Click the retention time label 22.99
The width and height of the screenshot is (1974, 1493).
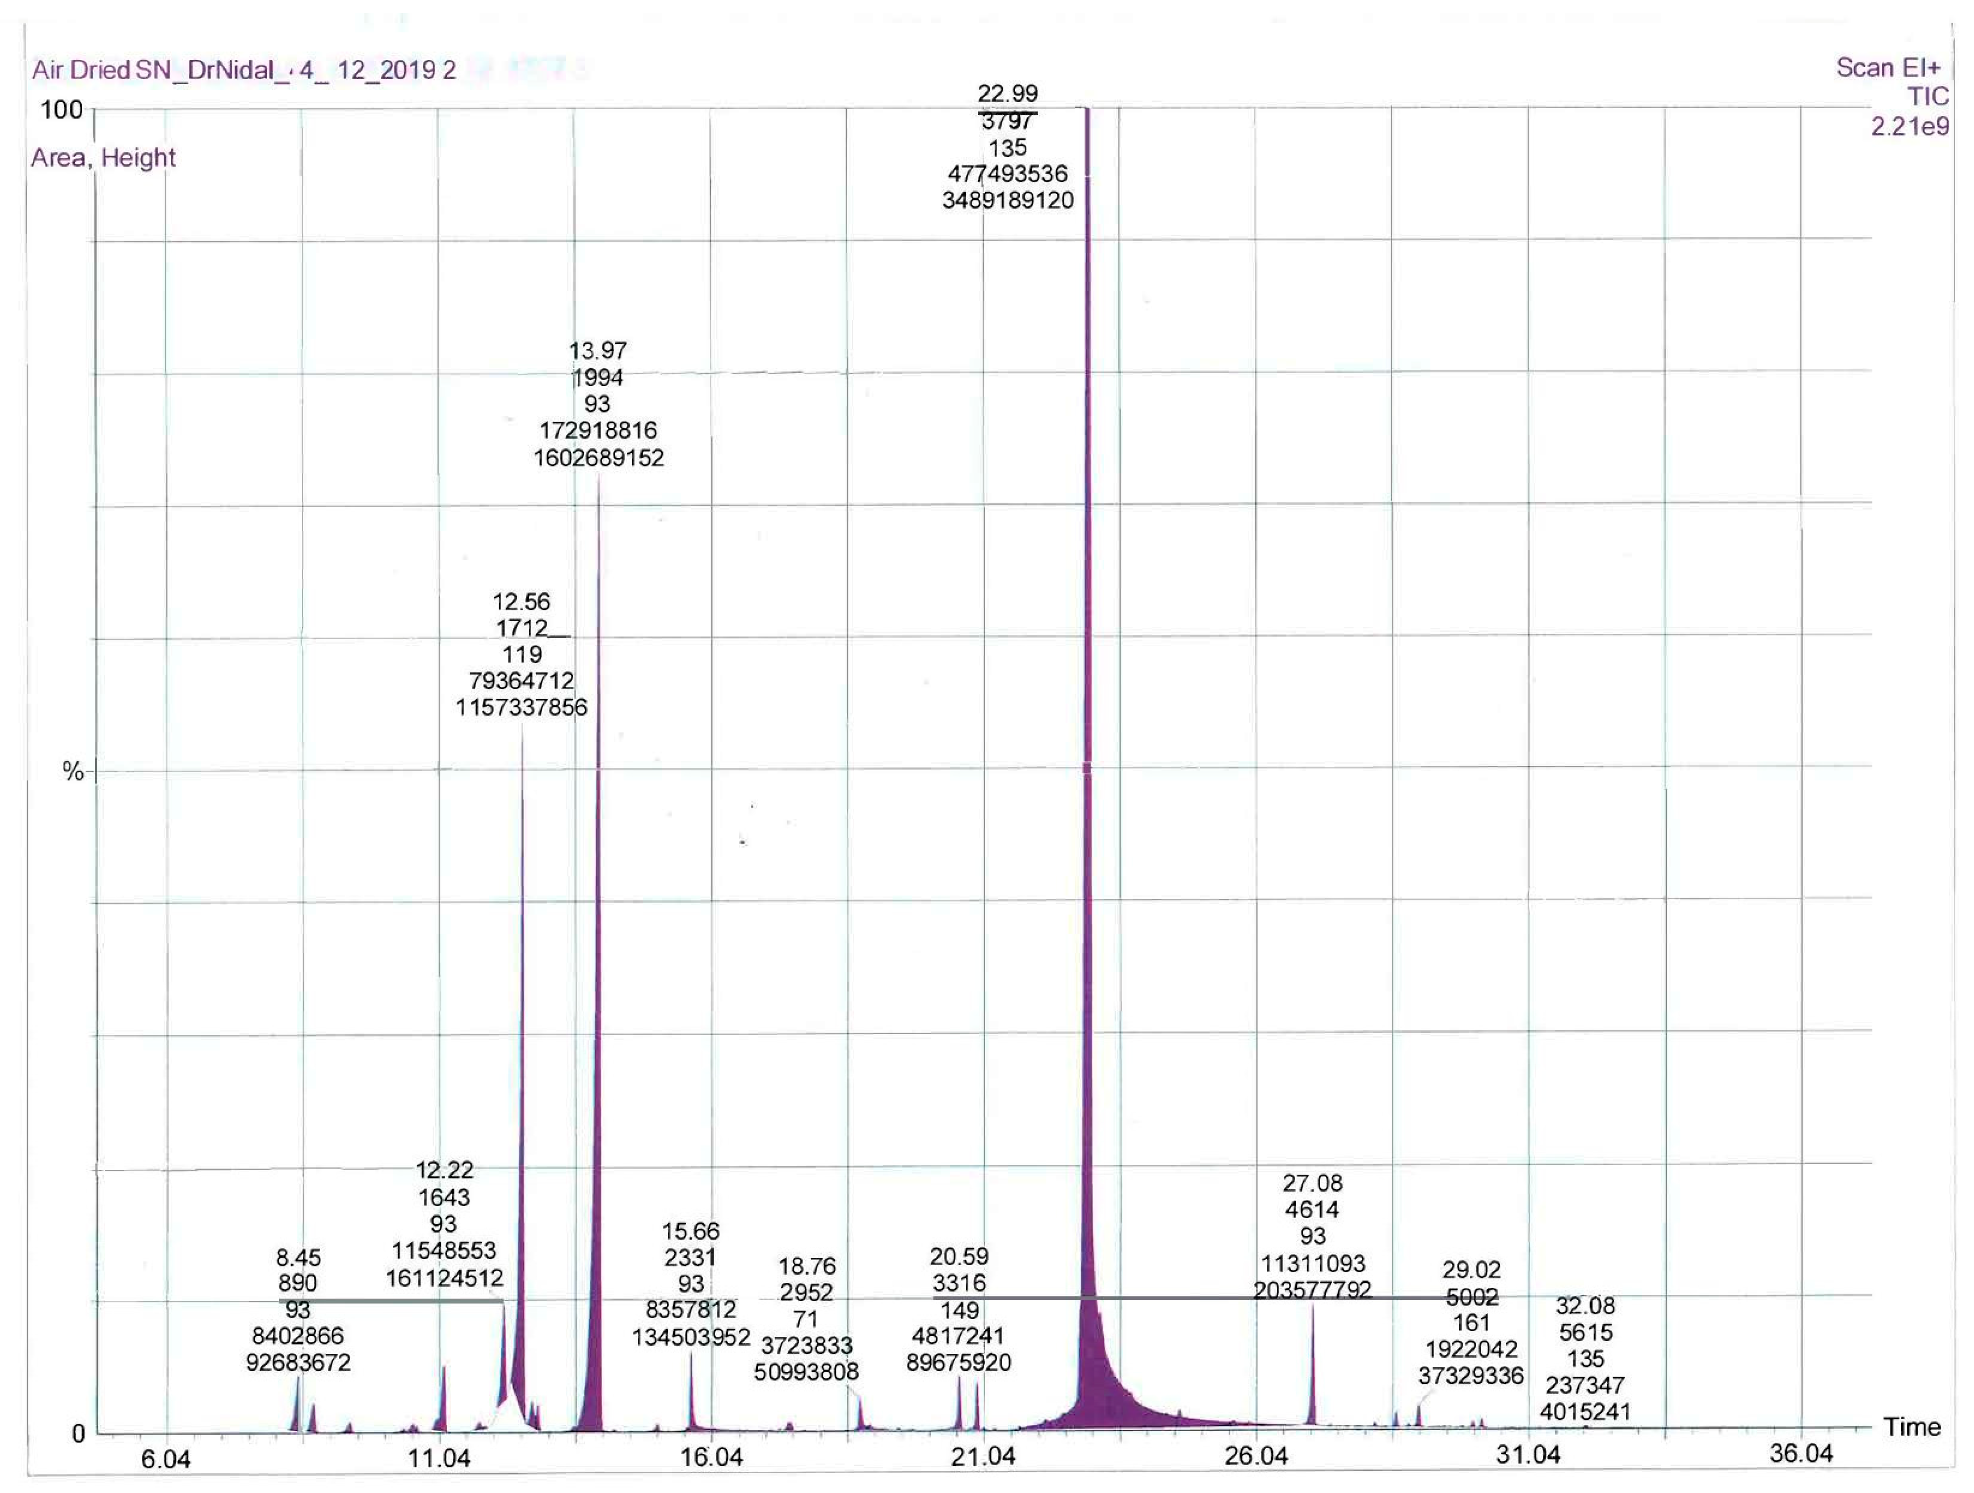(x=1008, y=94)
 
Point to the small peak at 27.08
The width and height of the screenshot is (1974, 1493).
(x=1312, y=1365)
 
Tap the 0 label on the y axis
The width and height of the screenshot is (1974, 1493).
(x=79, y=1434)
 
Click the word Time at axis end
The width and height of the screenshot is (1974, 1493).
(x=1912, y=1427)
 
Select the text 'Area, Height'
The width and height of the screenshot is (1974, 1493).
(x=103, y=158)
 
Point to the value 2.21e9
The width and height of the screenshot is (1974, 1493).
(x=1910, y=127)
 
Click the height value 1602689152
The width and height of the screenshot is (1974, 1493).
(x=599, y=458)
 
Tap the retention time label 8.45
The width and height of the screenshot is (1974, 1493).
(x=298, y=1258)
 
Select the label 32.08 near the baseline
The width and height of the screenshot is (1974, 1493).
(x=1585, y=1307)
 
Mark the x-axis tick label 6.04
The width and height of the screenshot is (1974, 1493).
(x=166, y=1460)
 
